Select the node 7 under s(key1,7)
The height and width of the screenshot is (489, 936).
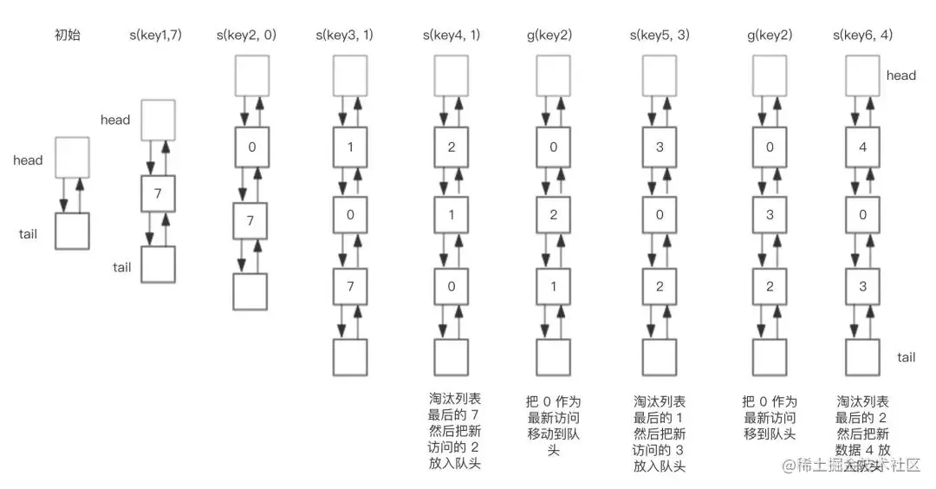click(158, 193)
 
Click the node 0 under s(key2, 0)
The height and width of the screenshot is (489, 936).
click(251, 147)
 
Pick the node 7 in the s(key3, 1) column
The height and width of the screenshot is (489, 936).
click(351, 286)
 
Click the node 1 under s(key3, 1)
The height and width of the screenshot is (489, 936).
click(351, 147)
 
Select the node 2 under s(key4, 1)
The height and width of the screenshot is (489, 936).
click(451, 147)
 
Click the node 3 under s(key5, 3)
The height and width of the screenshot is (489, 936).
click(660, 147)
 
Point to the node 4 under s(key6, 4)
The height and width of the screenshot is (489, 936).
click(861, 147)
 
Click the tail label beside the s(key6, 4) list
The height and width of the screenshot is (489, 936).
click(907, 357)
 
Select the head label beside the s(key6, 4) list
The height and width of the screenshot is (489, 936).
click(900, 75)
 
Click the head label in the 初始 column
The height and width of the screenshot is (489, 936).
click(28, 160)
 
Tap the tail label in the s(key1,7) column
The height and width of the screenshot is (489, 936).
click(122, 267)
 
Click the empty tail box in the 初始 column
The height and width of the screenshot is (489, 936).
click(71, 231)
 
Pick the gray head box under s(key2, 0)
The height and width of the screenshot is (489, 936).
click(251, 75)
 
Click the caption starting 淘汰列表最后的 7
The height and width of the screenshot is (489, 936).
click(454, 432)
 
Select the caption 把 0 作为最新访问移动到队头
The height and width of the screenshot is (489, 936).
click(553, 427)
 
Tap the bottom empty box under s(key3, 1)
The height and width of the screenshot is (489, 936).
click(351, 357)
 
